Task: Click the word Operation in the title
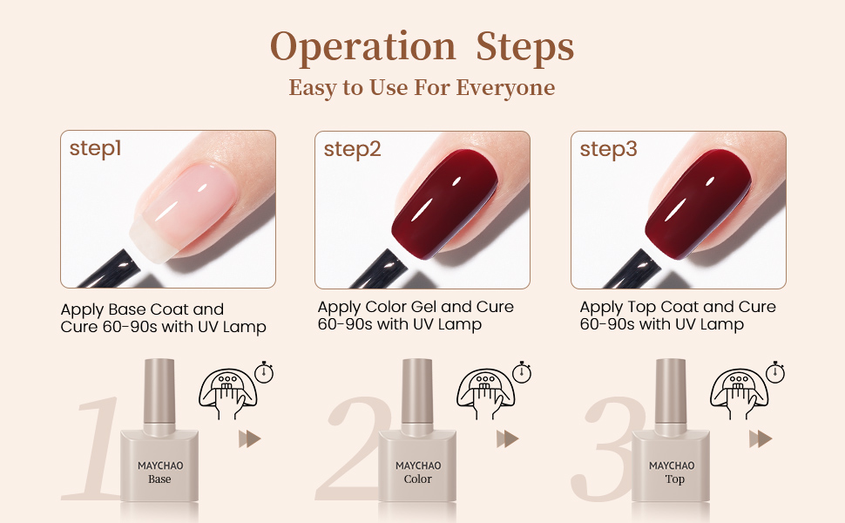(x=362, y=46)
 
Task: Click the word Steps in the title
(x=524, y=46)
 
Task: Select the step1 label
(x=95, y=149)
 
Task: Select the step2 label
(x=352, y=149)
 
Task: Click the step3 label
(x=608, y=149)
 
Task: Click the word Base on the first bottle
(x=159, y=479)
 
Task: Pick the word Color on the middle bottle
(x=418, y=479)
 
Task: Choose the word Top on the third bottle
(x=675, y=479)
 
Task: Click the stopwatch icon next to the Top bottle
(x=775, y=372)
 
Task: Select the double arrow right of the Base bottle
(x=250, y=438)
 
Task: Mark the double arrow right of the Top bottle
(x=762, y=438)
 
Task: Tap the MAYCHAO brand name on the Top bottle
(x=672, y=465)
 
